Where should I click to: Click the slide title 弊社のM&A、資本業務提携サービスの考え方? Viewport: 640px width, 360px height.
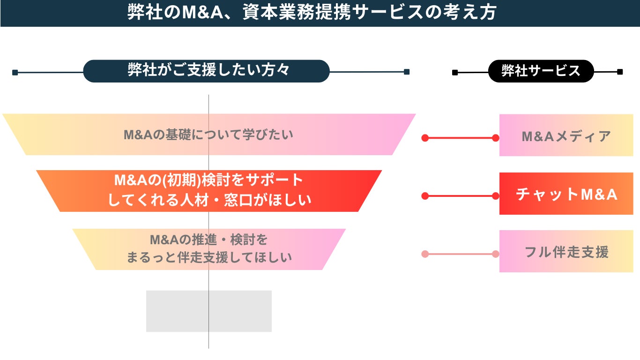(x=312, y=13)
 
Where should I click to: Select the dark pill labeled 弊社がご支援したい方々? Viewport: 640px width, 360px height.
(x=207, y=71)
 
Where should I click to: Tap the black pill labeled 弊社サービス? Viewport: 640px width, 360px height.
(x=541, y=71)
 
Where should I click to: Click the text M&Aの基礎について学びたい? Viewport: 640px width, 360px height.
(x=208, y=135)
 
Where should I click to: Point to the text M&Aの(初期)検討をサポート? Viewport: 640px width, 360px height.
(x=209, y=180)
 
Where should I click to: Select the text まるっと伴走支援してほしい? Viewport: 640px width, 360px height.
(x=209, y=257)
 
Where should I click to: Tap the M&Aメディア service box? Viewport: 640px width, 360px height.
(x=566, y=136)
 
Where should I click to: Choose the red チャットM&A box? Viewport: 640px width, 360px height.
(x=566, y=194)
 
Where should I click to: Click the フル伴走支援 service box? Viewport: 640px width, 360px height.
(x=566, y=252)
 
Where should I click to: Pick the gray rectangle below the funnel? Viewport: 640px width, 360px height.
(x=208, y=311)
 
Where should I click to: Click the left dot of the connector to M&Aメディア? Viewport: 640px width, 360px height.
(x=425, y=138)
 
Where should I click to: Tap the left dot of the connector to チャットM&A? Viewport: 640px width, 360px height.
(x=425, y=196)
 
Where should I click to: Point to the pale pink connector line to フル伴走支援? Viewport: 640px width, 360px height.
(x=460, y=254)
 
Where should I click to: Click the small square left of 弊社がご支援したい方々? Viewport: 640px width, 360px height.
(x=15, y=72)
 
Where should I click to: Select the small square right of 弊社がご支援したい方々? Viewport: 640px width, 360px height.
(x=407, y=72)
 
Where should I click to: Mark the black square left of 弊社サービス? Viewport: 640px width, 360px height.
(x=455, y=72)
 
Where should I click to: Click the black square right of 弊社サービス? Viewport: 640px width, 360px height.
(x=620, y=72)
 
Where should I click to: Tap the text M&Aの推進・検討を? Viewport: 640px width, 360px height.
(x=208, y=240)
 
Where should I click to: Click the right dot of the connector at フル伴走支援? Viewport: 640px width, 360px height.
(x=495, y=254)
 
